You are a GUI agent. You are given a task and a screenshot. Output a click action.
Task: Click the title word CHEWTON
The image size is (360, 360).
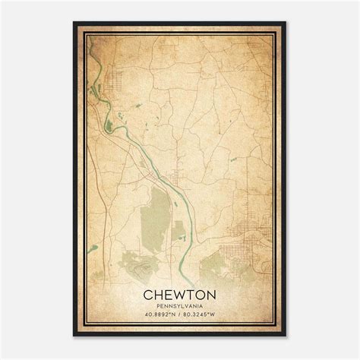(x=179, y=294)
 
